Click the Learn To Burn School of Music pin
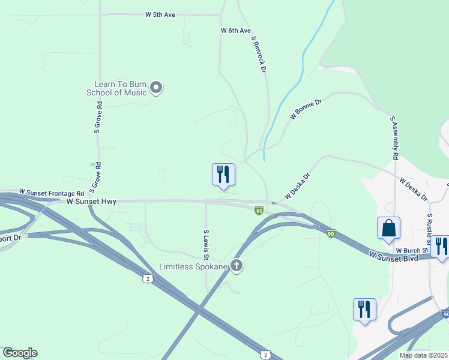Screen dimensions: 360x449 point(156,88)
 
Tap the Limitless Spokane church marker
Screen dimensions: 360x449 point(237,266)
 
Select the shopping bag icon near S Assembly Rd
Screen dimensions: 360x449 point(388,229)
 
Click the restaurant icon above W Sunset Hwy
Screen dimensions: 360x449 point(223,175)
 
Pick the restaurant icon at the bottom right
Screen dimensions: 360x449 point(364,310)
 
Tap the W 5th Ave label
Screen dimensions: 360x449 point(160,14)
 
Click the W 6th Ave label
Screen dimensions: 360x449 point(235,30)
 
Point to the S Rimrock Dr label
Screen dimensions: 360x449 point(259,55)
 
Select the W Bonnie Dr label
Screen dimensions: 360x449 point(306,109)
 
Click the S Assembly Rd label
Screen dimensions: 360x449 point(394,137)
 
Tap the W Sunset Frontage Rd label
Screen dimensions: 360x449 point(52,193)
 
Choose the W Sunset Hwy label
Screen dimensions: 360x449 point(91,202)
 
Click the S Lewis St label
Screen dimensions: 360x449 point(205,239)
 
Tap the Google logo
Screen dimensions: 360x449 point(20,353)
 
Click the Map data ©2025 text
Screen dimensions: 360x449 point(423,355)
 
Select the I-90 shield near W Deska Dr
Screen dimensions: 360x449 point(259,210)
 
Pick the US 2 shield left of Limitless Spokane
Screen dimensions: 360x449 point(147,279)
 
